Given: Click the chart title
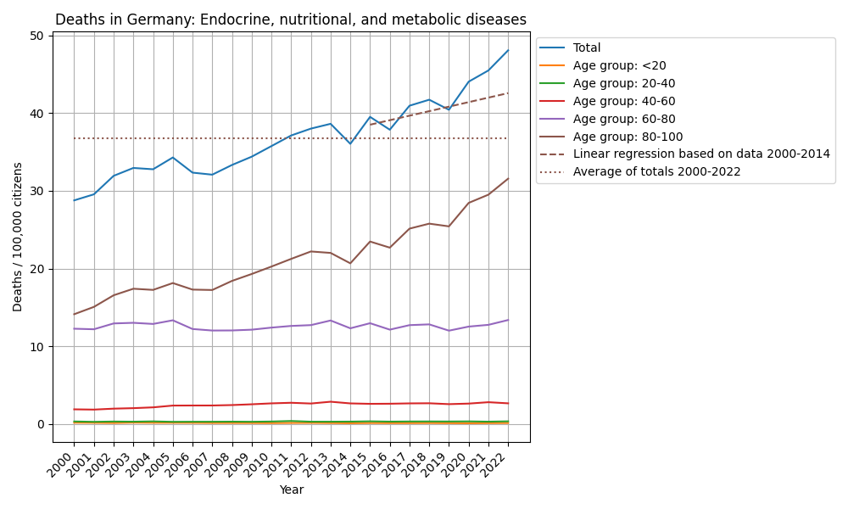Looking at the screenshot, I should (291, 20).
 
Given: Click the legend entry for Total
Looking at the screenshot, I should (587, 48).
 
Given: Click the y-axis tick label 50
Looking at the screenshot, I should (36, 36).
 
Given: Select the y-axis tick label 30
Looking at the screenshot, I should (36, 191).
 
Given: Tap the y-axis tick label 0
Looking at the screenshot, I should (40, 424).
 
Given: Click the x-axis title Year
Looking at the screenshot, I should (291, 490).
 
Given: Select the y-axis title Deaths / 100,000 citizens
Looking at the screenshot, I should (18, 237).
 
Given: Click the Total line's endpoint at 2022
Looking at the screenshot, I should (508, 50).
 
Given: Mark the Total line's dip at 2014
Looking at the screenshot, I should (350, 143).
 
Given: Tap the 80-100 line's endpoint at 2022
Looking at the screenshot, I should (508, 179).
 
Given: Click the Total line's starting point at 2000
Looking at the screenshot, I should (74, 200).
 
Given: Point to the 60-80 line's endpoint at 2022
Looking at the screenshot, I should (508, 320).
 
